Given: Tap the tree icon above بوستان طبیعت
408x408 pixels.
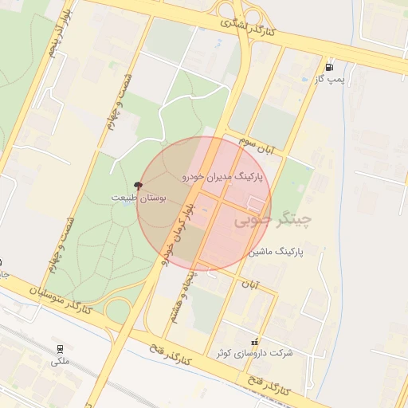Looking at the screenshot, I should pos(139,185).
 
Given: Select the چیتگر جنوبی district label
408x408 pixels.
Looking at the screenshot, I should pos(273,219).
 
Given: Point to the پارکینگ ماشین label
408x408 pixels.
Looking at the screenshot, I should pos(276,252).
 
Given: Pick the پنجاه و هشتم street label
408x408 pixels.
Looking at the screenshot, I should pos(180,301).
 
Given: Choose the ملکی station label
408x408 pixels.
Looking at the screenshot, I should pos(61,361).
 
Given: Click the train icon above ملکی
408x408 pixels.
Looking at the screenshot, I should pos(60,348).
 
